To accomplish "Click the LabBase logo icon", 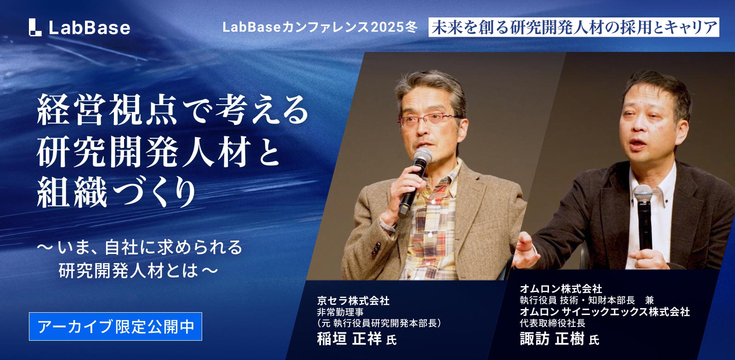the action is [35, 27].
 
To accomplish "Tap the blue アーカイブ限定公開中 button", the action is [115, 326].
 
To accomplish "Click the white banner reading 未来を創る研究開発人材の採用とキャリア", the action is [574, 27].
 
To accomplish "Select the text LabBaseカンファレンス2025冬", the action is [320, 27].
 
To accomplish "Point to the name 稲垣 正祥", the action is [350, 339].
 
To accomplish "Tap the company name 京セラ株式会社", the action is [353, 301].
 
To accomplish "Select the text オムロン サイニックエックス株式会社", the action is [605, 312].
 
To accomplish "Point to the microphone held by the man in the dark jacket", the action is [644, 216].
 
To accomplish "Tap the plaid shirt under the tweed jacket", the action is [430, 223].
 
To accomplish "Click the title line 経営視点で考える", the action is [173, 109].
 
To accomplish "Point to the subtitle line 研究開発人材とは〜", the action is [138, 270].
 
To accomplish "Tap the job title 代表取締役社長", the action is [553, 323].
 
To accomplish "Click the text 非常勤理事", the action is [340, 312].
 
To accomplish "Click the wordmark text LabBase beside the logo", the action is [89, 28].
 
